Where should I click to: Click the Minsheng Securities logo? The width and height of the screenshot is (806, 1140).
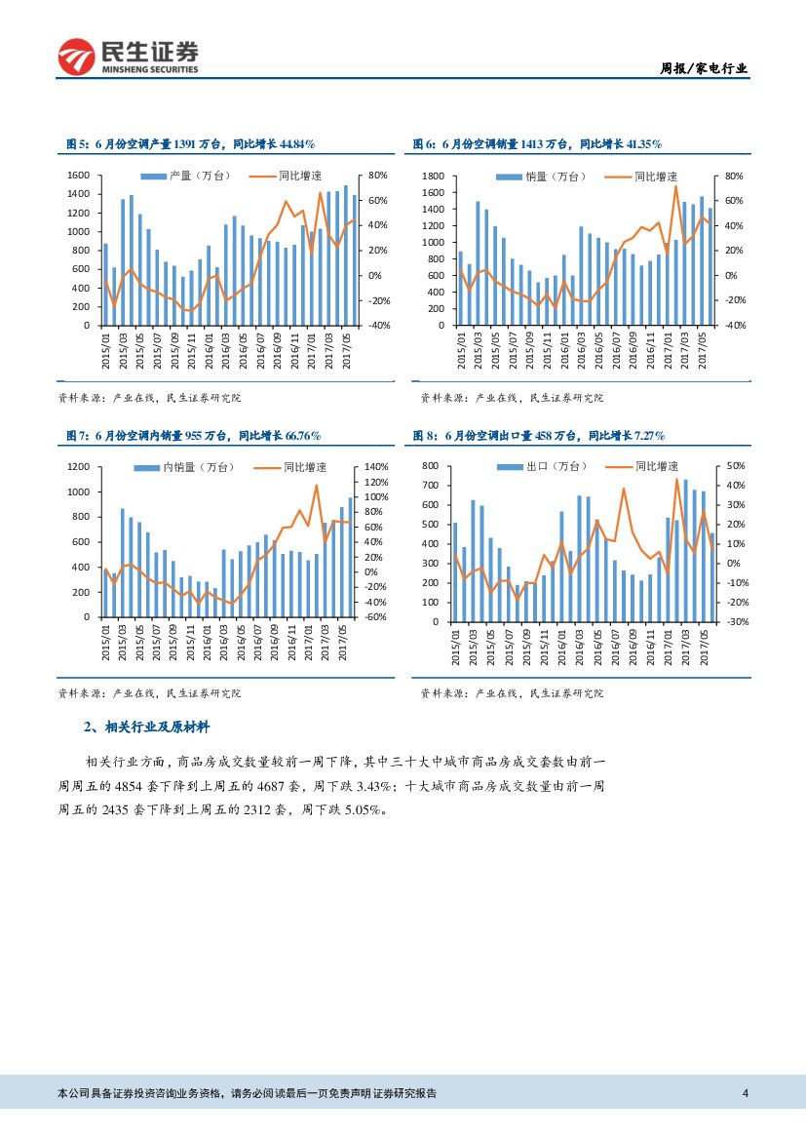tap(128, 58)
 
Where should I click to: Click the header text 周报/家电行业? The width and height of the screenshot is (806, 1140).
tap(704, 68)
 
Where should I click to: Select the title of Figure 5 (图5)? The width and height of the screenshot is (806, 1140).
tap(189, 144)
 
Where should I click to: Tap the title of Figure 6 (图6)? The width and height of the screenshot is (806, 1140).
tap(537, 144)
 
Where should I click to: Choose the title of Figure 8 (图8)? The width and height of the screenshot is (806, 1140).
tap(538, 435)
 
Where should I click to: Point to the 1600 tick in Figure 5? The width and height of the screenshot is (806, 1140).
tap(79, 176)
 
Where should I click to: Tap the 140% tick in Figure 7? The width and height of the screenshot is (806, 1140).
tap(376, 467)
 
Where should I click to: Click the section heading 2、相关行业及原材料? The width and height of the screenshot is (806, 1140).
tap(146, 727)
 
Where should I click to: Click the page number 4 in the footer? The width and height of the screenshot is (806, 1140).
tap(745, 1092)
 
